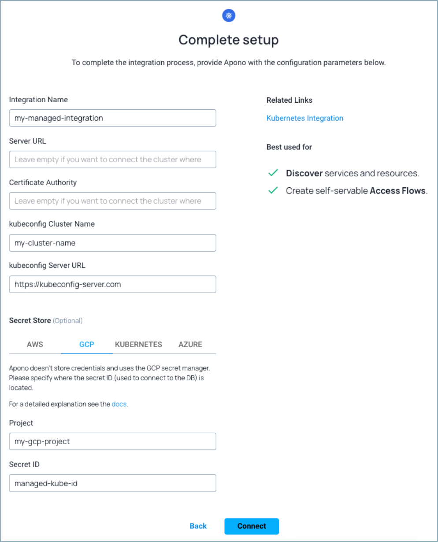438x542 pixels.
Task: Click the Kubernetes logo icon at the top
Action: pos(229,16)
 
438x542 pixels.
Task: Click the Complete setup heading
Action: pos(228,40)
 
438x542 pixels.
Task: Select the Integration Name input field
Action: pos(112,118)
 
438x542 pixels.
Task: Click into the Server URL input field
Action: pos(112,160)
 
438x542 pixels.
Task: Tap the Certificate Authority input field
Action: pos(112,201)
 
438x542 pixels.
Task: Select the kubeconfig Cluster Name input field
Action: pos(112,243)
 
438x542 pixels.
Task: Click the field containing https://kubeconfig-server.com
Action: pos(112,284)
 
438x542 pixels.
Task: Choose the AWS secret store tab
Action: pos(35,345)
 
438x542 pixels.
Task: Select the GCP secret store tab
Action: pos(87,345)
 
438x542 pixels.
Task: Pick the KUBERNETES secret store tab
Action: pos(138,345)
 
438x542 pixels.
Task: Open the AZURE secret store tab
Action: pos(190,345)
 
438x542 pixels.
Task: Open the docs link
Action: pos(119,404)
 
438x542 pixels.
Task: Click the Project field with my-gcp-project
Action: pos(112,441)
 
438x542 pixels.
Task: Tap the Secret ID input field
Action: pos(112,483)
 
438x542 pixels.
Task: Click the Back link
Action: pos(198,526)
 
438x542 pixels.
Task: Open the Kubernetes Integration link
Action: pos(305,118)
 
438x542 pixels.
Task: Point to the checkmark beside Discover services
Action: pos(273,173)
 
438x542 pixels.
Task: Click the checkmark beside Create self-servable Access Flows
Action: pos(273,191)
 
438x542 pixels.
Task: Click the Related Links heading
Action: pos(290,100)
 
